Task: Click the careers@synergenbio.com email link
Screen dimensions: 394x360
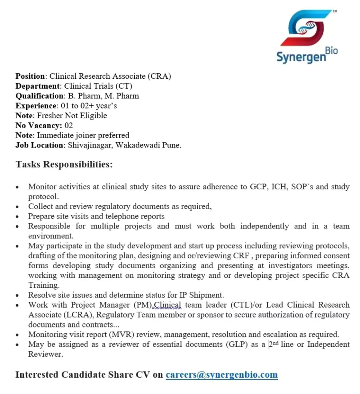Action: coord(221,374)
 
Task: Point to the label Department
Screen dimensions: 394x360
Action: coord(38,86)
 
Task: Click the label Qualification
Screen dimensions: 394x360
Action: coord(40,96)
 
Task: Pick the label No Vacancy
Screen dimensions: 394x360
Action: coord(38,125)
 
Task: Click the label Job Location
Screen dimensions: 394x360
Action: coord(40,145)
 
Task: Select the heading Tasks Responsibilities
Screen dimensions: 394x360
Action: coord(64,164)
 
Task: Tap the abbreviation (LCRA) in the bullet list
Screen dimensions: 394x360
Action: coord(78,315)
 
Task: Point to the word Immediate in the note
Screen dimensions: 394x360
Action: coord(54,135)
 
